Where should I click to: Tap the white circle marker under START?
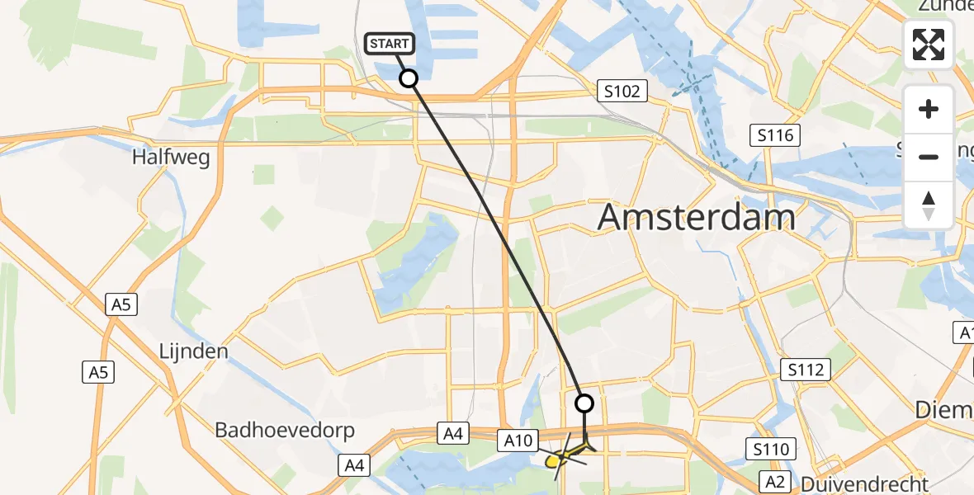tap(408, 78)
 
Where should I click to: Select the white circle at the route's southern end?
tap(584, 403)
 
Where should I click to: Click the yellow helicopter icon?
tap(569, 453)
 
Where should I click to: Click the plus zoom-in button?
tap(929, 109)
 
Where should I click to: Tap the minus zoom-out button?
tap(929, 157)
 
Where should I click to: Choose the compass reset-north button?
tap(929, 205)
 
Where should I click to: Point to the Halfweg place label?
tap(171, 157)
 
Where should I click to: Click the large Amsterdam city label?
tap(696, 217)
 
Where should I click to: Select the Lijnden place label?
tap(193, 351)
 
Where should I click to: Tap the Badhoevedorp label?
tap(285, 430)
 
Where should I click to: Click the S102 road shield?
tap(622, 91)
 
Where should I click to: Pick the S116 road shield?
tap(776, 134)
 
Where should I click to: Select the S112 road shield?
tap(806, 370)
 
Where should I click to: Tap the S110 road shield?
tap(771, 450)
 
